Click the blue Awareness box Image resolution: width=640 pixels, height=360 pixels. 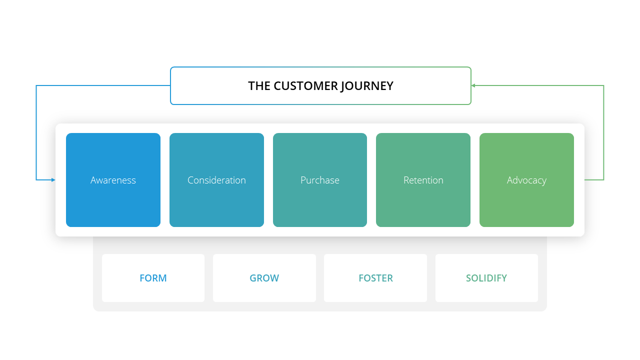(x=113, y=180)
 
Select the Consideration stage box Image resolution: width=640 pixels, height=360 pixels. (x=216, y=180)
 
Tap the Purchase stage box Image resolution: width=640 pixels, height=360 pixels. (x=320, y=180)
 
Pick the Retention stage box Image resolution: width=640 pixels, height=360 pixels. (x=423, y=180)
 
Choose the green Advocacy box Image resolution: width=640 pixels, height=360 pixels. (x=526, y=180)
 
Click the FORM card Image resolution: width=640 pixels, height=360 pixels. (x=153, y=278)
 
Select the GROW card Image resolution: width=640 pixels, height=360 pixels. (x=264, y=278)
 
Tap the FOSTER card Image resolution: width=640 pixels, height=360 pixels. (x=375, y=278)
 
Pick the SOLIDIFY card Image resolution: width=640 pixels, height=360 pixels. (x=486, y=278)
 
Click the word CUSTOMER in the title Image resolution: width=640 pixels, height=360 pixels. (x=305, y=86)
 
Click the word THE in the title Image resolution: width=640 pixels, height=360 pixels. (x=259, y=86)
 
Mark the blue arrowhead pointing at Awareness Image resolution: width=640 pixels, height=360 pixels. (x=53, y=180)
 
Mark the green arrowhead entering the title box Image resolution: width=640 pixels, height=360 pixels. (x=473, y=85)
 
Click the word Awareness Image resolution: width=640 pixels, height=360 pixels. (x=113, y=180)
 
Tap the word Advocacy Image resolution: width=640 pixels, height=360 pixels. (x=526, y=180)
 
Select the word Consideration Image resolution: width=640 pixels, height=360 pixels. (x=216, y=180)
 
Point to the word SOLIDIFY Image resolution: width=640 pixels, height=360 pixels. (x=486, y=278)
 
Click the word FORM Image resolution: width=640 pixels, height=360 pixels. (x=153, y=278)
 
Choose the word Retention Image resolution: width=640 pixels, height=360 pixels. (x=423, y=180)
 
